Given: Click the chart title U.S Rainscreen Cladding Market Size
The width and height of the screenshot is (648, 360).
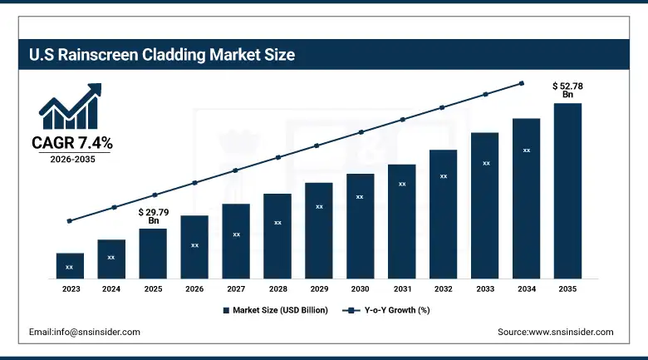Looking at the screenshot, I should [x=162, y=56].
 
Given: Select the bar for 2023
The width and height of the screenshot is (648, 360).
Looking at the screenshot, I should [x=70, y=265].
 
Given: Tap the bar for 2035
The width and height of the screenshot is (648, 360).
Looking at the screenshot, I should [x=567, y=190].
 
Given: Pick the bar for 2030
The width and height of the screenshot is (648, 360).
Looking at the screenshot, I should [x=360, y=225].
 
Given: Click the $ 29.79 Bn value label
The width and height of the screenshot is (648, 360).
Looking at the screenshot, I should [x=153, y=216].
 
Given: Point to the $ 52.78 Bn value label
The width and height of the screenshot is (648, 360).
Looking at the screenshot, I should [x=568, y=90].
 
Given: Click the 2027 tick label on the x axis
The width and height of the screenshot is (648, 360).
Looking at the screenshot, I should [x=236, y=288].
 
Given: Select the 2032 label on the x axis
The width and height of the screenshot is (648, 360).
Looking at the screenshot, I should [x=443, y=288].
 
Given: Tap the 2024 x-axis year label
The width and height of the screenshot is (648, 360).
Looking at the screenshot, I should [x=111, y=288].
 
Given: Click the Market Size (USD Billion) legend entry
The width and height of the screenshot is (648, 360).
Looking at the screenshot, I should [x=275, y=310].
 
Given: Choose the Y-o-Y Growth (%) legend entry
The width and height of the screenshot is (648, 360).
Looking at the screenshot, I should [x=387, y=310].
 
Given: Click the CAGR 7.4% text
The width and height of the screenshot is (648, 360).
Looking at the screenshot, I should [x=72, y=143].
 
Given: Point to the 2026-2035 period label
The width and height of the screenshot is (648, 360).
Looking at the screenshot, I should [x=72, y=159].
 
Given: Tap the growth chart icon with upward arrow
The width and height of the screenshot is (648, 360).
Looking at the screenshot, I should [x=71, y=106].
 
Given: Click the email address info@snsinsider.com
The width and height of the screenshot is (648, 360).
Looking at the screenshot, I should [x=85, y=332].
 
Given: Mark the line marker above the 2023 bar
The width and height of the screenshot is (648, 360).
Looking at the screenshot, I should [x=70, y=221].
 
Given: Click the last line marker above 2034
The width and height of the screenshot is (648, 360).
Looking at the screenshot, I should [x=522, y=83].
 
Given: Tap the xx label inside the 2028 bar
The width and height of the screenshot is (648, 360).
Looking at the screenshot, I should [x=277, y=223].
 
